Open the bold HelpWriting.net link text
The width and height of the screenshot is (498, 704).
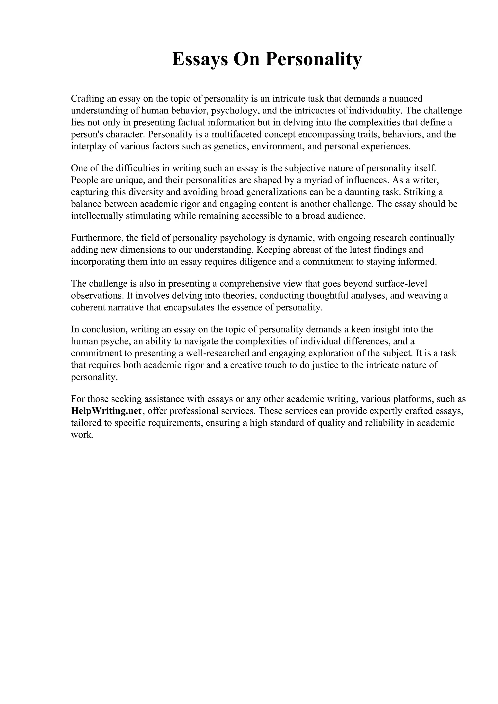(107, 411)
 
